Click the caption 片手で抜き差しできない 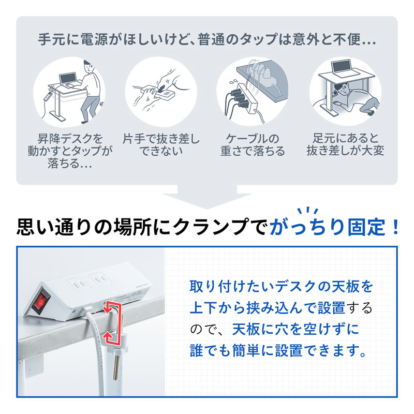[x=161, y=145]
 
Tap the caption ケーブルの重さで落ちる [x=253, y=145]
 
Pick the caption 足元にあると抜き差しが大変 [x=345, y=145]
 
